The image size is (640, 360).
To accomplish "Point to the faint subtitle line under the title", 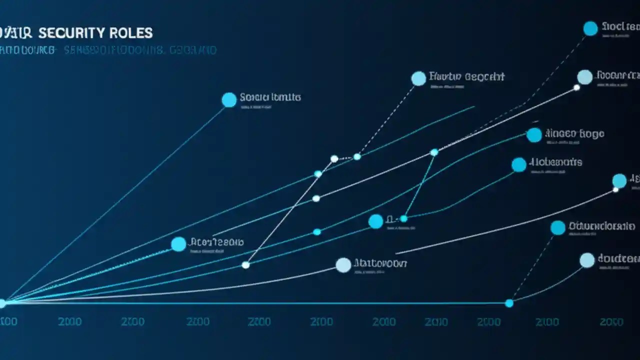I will coord(107,50).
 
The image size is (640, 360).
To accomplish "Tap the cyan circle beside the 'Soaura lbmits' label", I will coord(229,100).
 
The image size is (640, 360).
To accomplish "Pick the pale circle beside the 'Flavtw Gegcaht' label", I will coord(418,78).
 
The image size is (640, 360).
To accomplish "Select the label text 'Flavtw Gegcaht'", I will coord(467,76).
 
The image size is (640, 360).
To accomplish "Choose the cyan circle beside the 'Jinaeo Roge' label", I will coord(534,135).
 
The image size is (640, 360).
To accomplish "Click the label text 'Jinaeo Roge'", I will coord(574,133).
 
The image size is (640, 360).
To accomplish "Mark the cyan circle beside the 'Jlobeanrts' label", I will coord(519,165).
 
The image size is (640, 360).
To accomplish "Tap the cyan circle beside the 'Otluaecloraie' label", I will coord(558,228).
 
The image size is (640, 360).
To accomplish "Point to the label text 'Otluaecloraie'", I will coord(601,226).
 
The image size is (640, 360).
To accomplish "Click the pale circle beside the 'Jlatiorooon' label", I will coord(343,265).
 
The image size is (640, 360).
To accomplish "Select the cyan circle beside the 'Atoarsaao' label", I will coord(178,244).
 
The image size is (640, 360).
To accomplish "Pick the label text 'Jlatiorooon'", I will coord(380,262).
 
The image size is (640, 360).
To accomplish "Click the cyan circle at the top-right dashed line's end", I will coord(590,28).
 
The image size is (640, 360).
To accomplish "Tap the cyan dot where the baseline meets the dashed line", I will coord(509,303).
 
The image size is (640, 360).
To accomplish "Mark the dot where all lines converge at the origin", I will coord(2,303).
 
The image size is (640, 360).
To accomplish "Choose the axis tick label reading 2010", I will coord(436,321).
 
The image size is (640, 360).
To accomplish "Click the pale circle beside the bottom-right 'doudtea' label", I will coord(587,260).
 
